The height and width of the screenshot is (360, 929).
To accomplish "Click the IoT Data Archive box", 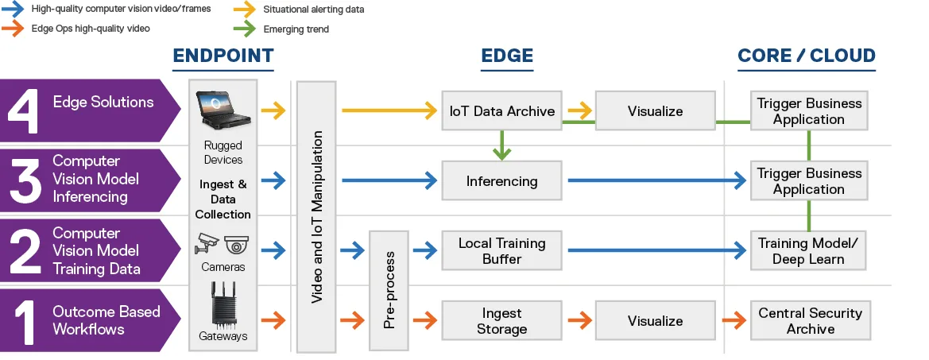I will (x=501, y=111).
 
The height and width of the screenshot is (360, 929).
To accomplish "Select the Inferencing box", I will (x=501, y=181).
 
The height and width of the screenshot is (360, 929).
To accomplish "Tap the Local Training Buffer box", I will (x=501, y=250).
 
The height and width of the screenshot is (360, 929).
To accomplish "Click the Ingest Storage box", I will (x=501, y=321).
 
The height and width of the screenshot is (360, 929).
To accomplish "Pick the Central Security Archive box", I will (x=810, y=321).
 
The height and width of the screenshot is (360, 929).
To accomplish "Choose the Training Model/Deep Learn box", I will (x=810, y=250).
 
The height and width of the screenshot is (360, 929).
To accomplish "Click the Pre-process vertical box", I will (x=389, y=290).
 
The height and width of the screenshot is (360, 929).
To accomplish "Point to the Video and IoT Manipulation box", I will (x=316, y=215).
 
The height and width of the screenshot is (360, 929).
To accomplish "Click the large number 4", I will (x=24, y=110).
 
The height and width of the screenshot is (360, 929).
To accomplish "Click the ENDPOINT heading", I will (x=223, y=56).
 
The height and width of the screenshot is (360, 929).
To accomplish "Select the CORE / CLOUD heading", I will (x=806, y=56).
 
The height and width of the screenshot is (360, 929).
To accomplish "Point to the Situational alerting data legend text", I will (x=313, y=10).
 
